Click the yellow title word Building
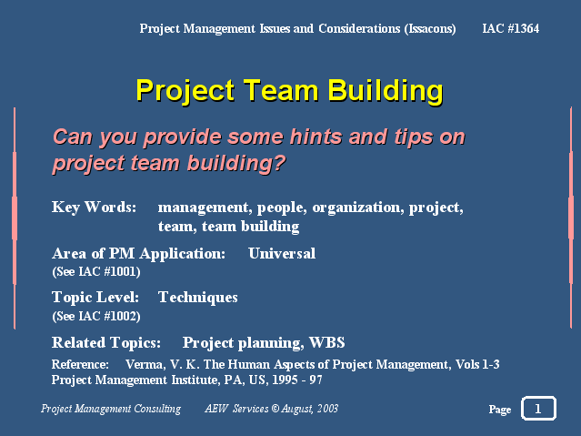(386, 91)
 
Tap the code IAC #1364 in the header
(511, 28)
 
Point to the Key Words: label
(95, 207)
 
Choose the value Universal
(282, 253)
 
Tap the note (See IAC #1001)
(96, 271)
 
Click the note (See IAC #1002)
(96, 316)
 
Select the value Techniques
(198, 298)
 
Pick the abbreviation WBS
(326, 342)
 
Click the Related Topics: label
(106, 343)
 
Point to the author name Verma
(145, 364)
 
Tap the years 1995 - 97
(297, 380)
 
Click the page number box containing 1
(538, 409)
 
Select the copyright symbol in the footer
(275, 409)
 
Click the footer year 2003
(327, 409)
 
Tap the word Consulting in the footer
(157, 409)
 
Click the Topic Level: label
(95, 298)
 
